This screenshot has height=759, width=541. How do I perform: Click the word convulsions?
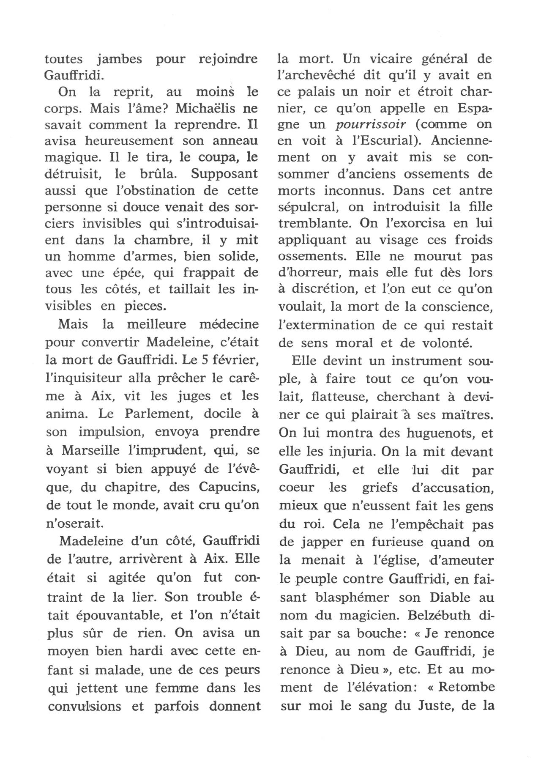click(x=85, y=707)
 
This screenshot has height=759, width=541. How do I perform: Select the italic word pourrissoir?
click(x=371, y=125)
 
